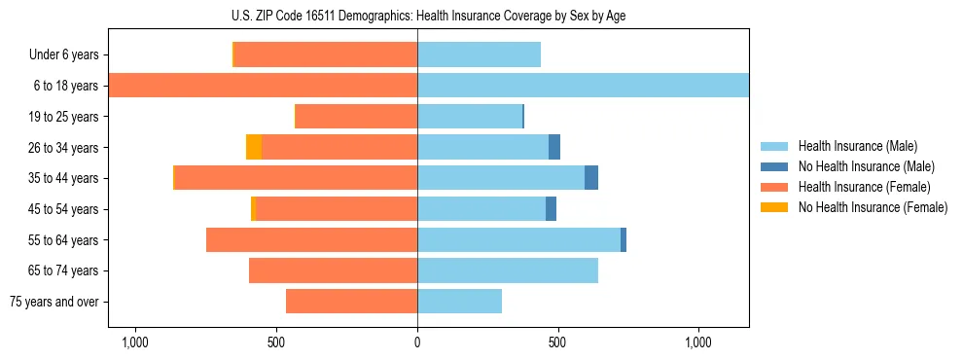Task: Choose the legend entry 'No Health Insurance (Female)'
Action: pos(873,207)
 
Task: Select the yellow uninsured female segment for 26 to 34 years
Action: pos(254,147)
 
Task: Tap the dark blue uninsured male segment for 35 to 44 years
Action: pos(591,178)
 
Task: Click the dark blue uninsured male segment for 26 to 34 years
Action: pos(554,147)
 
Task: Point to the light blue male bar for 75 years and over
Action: pos(459,302)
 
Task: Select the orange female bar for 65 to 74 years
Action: pos(333,270)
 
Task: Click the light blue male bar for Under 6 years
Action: pos(479,54)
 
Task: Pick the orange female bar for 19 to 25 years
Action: pos(356,117)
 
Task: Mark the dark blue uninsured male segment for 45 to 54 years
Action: pos(551,209)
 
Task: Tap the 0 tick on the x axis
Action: pos(417,342)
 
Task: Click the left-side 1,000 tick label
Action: pos(134,342)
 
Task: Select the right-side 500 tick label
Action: pos(557,342)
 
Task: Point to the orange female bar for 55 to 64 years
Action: pos(311,239)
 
